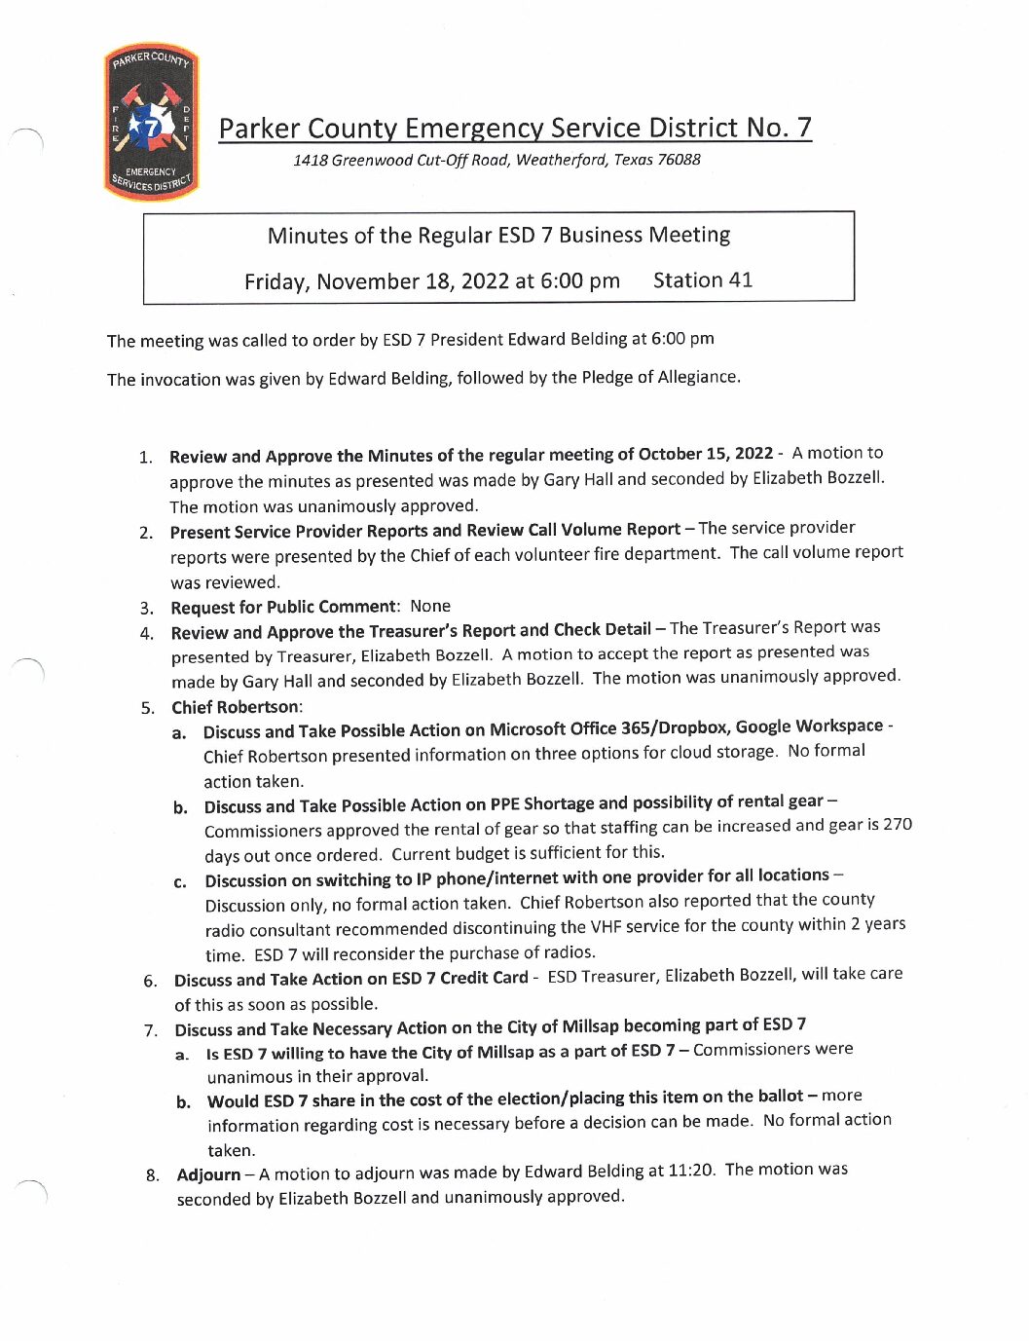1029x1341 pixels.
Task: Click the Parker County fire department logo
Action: pos(151,124)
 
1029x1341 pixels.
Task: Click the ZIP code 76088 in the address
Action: pos(678,159)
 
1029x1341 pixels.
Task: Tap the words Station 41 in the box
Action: pos(702,280)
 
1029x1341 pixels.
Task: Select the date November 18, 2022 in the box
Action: pos(413,281)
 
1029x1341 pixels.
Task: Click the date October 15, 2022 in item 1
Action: pos(705,454)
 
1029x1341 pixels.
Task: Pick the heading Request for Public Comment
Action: pos(283,607)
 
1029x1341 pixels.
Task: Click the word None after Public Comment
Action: pos(430,606)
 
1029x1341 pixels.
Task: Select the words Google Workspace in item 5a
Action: pos(809,726)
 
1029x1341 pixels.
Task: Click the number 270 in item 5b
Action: pos(897,824)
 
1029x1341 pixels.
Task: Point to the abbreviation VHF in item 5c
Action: pos(604,926)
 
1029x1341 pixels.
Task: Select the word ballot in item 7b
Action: pos(777,1097)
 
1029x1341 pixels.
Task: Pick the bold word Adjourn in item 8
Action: pos(208,1174)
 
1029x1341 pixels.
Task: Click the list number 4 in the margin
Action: pos(147,633)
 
